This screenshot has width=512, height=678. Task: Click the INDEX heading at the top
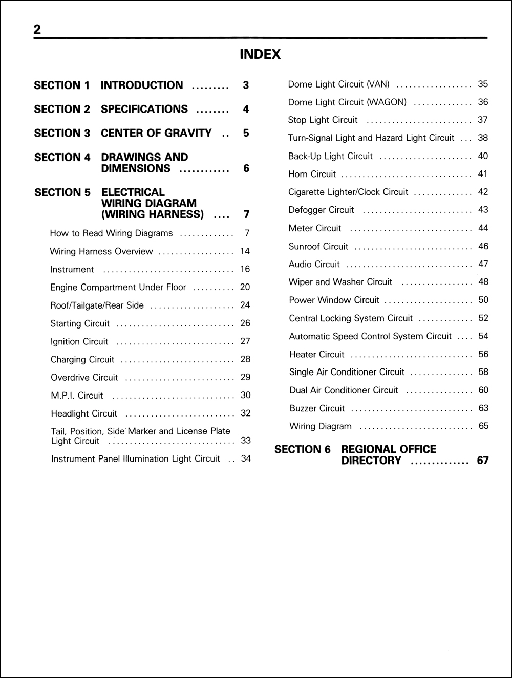coord(260,55)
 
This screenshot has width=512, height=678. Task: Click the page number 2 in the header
coord(37,30)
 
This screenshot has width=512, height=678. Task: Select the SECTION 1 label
coord(61,85)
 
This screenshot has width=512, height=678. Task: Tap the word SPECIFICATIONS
coord(144,109)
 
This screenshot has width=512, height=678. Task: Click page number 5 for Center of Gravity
coord(246,133)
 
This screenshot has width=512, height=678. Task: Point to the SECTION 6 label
coord(303,449)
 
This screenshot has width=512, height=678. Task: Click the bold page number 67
coord(483,461)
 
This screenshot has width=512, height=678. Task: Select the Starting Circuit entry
coord(80,323)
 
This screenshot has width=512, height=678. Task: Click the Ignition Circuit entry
coord(79,341)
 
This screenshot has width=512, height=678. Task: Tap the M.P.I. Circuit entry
coord(77,396)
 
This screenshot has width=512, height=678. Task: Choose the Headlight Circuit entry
coord(84,413)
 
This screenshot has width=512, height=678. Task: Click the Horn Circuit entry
coord(312,174)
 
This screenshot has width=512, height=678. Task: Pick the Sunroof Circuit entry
coord(318,246)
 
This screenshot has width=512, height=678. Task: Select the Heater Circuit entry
coord(316,354)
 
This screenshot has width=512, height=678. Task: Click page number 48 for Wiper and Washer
coord(483,282)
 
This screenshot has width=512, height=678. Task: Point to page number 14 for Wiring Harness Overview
coord(245,251)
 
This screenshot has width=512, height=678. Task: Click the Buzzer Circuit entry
coord(317,408)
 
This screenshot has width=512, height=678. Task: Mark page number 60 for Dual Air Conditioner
coord(483,390)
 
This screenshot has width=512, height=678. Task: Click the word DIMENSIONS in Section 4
coord(136,168)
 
